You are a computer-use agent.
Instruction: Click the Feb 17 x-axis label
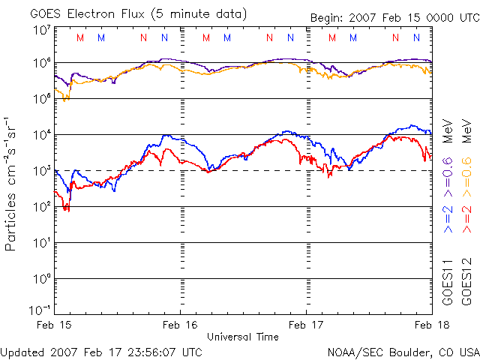coord(307,325)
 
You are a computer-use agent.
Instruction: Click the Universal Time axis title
coord(243,337)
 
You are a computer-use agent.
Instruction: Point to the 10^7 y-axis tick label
coord(41,30)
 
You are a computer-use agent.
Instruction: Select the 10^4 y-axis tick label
coord(41,135)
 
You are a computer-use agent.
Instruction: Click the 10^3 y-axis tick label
coord(41,171)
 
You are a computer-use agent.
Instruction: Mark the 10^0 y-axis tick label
coord(41,279)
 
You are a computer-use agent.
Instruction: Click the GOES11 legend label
coord(448,281)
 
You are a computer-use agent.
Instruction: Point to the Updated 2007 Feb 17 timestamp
coord(101,351)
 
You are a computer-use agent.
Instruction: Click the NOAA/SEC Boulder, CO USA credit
coord(403,351)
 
